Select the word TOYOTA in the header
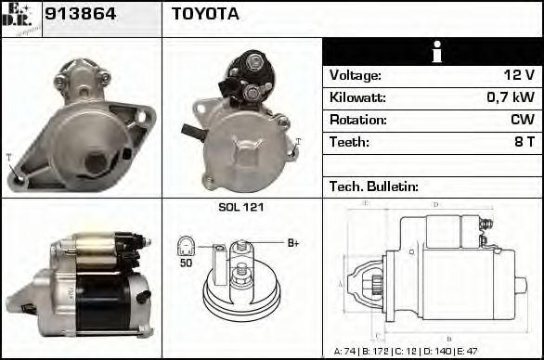[205, 14]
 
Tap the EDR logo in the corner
[20, 19]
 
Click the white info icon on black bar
[434, 52]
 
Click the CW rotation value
[522, 120]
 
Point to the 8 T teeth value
[524, 142]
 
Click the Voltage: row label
[356, 75]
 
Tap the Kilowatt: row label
[357, 97]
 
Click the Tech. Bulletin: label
[374, 186]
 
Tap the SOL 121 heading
[240, 207]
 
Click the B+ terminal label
[292, 243]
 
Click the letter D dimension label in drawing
[435, 204]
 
